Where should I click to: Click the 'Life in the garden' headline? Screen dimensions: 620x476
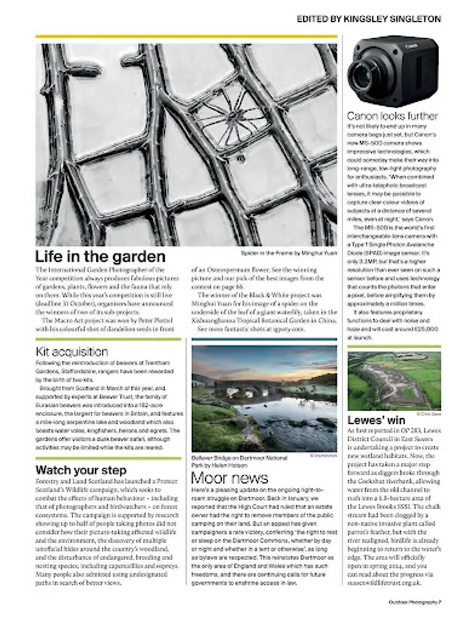[101, 257]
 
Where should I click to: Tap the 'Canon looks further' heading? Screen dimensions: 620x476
[392, 116]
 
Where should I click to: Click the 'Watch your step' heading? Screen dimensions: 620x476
[81, 470]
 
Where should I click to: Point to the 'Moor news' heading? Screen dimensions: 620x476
[230, 477]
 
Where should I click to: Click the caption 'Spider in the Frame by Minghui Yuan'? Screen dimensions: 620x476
[289, 253]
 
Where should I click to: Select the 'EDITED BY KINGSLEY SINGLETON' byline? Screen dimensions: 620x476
[369, 19]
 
